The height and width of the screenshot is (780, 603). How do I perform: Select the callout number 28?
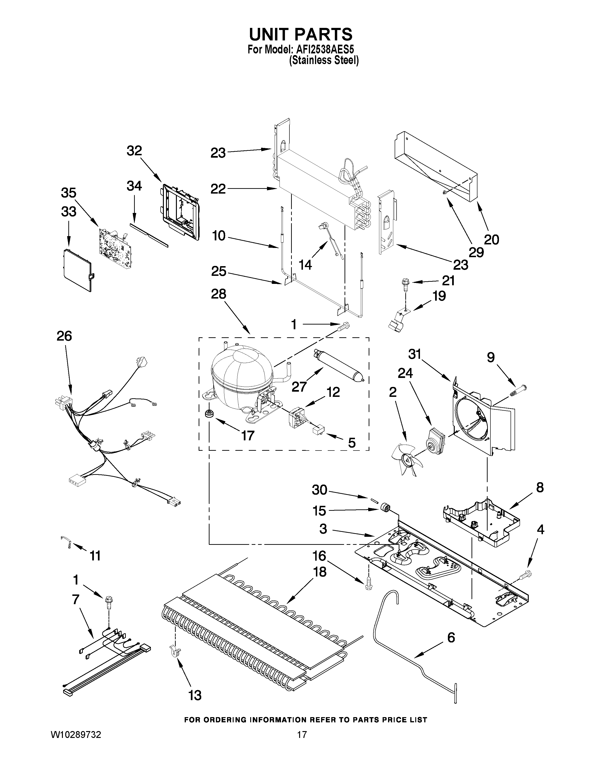point(219,294)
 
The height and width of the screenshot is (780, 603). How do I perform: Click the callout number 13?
point(195,695)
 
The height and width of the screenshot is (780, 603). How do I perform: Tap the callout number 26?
point(64,336)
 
